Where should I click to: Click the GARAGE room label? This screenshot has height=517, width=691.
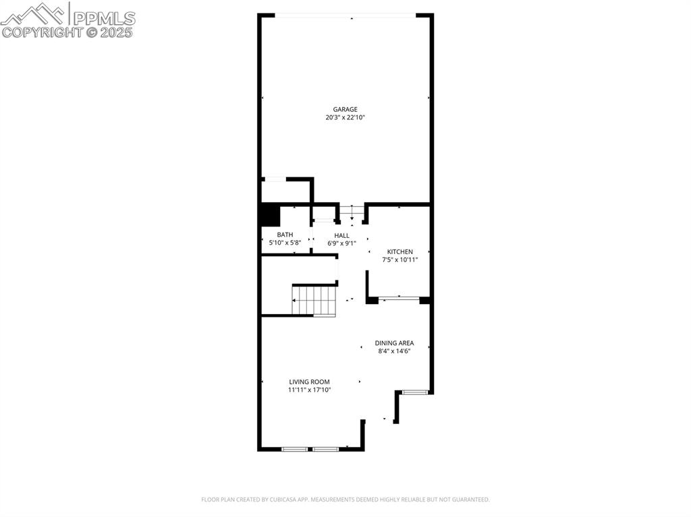coord(345,109)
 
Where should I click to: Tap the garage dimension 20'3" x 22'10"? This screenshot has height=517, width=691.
coord(345,117)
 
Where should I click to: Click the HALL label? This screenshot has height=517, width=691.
coord(341,235)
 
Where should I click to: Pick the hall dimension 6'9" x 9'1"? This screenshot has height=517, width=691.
coord(341,243)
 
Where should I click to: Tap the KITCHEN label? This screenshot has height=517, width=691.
coord(400,251)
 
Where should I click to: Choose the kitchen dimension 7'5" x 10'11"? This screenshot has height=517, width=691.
coord(400,260)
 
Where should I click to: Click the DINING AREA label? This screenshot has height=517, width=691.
coord(394,342)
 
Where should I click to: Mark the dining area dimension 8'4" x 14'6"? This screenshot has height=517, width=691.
coord(394,351)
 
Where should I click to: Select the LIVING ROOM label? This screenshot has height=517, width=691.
coord(310,382)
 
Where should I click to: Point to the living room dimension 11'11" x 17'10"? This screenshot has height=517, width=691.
coord(310,390)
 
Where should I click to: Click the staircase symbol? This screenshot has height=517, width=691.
coord(314,300)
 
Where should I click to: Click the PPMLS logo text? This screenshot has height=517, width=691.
coord(103,17)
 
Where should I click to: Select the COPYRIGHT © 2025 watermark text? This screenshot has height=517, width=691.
coord(67,32)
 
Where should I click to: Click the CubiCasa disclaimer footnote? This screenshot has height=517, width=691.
coord(345,499)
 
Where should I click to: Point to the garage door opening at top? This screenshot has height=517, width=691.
coord(345,15)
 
